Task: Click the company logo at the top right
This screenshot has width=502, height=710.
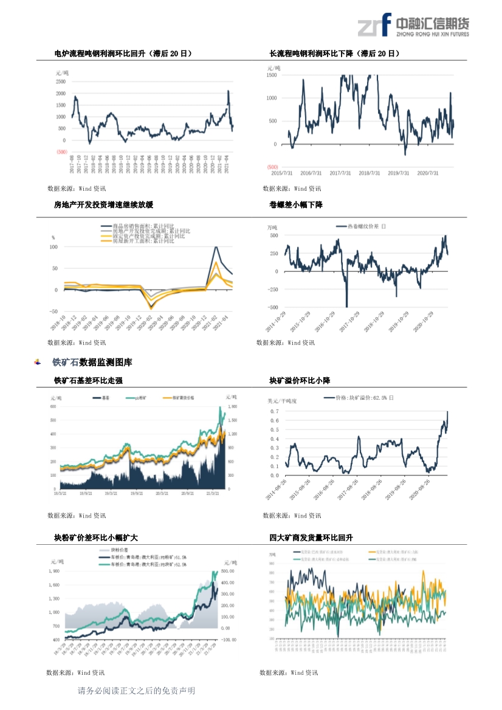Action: coord(413,25)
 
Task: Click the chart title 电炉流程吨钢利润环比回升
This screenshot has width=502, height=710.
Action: coord(123,54)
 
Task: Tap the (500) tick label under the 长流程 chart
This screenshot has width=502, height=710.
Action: coord(272,167)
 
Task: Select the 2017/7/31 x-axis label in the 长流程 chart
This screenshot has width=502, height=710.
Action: coord(342,173)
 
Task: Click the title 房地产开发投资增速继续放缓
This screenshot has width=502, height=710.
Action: coord(103,205)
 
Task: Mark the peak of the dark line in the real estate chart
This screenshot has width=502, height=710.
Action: coord(216,247)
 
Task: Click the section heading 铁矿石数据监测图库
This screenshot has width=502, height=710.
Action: coord(92,363)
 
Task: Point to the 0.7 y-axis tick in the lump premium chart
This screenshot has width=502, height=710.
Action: coord(274,411)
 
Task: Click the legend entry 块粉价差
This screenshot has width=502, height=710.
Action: coord(128,548)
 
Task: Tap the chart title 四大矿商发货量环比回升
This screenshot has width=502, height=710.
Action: coord(311,538)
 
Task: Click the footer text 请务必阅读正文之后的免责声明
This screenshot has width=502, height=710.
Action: coord(137,691)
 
